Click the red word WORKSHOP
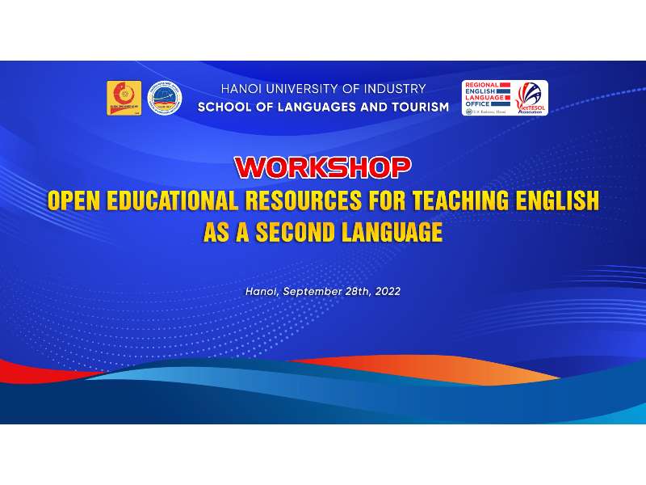pyautogui.click(x=322, y=167)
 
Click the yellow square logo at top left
pyautogui.click(x=124, y=98)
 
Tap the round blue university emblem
pyautogui.click(x=165, y=98)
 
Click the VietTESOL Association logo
pyautogui.click(x=530, y=98)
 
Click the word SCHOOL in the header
pyautogui.click(x=224, y=107)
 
